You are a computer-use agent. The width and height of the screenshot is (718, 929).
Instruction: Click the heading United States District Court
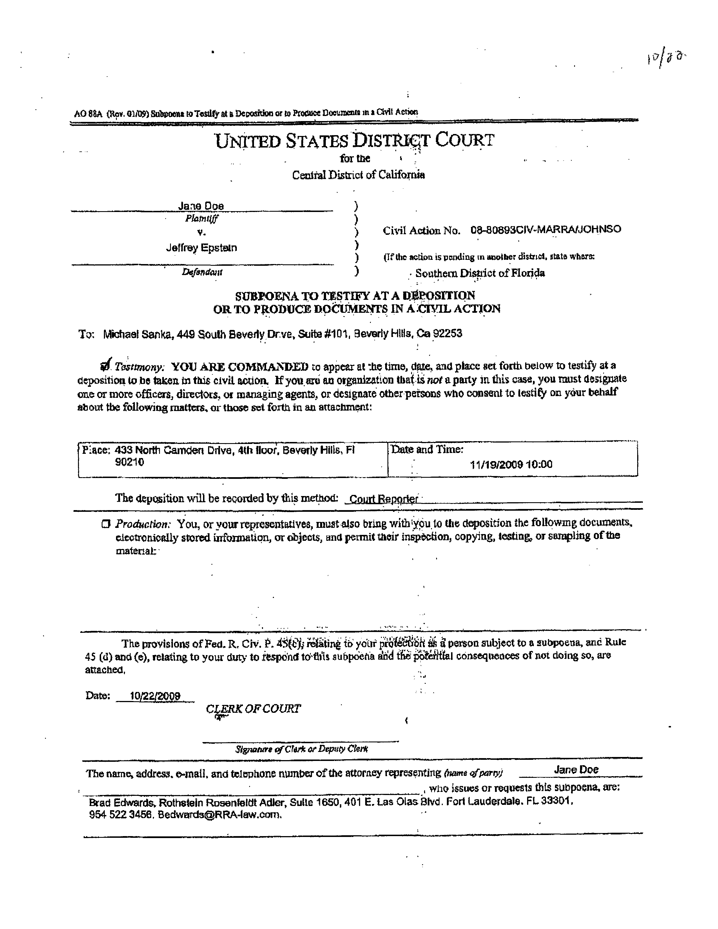click(355, 141)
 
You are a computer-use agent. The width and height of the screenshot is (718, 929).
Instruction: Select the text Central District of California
click(358, 175)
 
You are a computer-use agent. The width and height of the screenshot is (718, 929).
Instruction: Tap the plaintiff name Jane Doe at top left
click(201, 206)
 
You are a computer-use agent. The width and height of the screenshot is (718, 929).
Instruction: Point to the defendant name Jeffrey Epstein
click(201, 247)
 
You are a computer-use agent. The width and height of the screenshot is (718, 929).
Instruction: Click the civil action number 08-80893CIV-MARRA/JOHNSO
click(546, 230)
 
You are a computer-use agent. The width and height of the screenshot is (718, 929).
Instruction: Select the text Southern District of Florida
click(480, 273)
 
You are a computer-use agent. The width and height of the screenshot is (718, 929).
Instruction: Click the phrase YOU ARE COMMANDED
click(240, 366)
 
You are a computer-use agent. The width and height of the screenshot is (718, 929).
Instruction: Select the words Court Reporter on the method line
click(383, 499)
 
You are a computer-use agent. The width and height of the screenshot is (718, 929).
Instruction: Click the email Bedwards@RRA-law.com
click(220, 815)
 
